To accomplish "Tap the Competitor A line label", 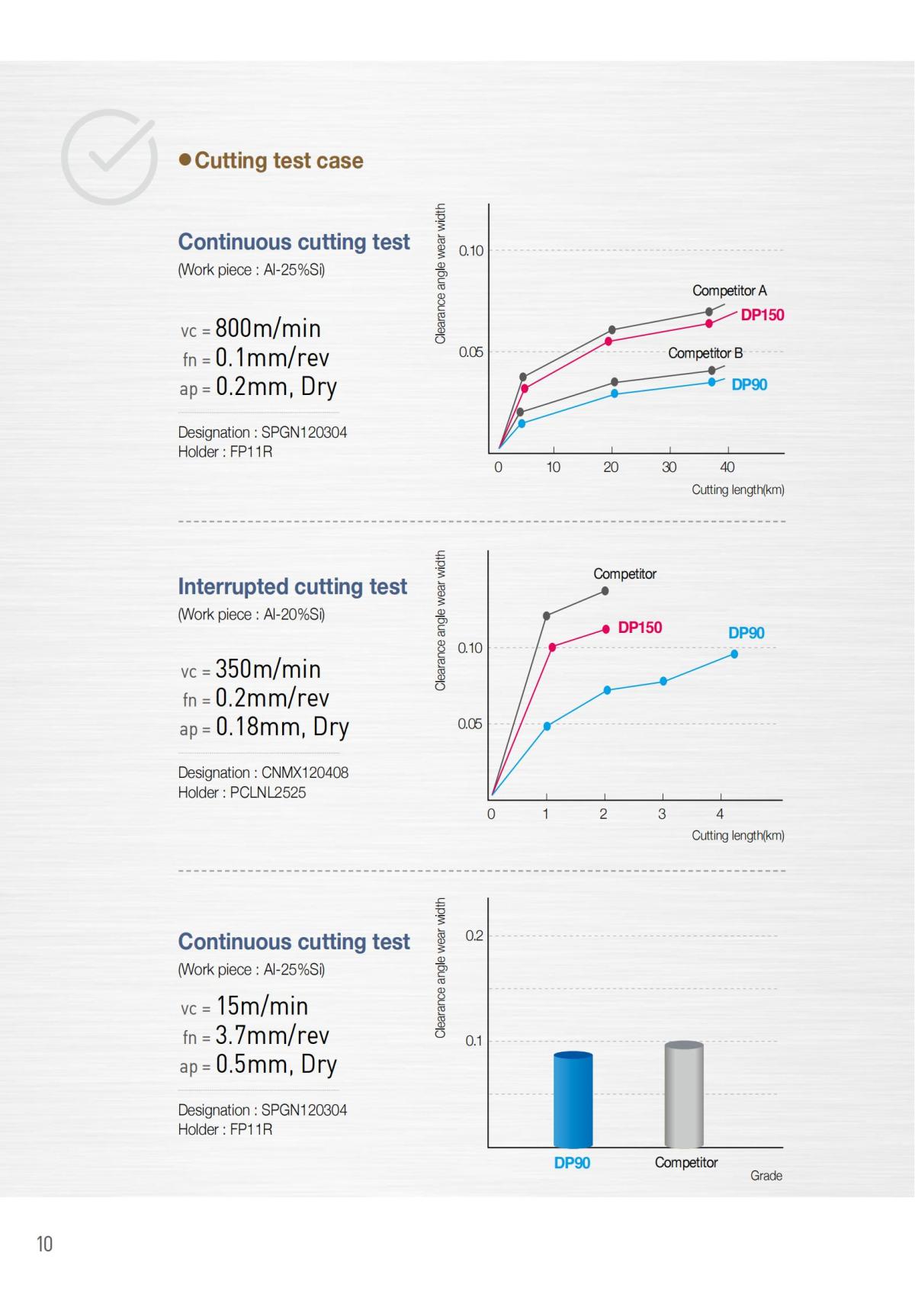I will [729, 291].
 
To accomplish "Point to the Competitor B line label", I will [705, 353].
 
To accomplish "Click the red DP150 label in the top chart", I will [762, 315].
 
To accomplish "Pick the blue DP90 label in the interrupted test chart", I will [746, 633].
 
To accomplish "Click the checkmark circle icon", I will [109, 156].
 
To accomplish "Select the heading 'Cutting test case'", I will [278, 161].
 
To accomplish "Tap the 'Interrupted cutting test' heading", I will [292, 586].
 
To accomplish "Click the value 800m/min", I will [268, 329].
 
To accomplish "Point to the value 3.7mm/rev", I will [272, 1036].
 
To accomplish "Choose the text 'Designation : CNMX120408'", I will [263, 772].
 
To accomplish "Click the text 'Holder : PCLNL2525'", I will [242, 792].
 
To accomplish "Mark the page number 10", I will [44, 1244].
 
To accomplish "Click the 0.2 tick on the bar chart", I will [474, 936].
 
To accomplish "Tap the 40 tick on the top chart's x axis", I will [727, 467].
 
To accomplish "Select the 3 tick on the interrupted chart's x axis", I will [662, 814].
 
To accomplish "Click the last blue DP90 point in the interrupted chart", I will [734, 654].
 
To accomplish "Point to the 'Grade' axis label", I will [766, 1176].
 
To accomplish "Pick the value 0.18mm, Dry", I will [282, 727].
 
